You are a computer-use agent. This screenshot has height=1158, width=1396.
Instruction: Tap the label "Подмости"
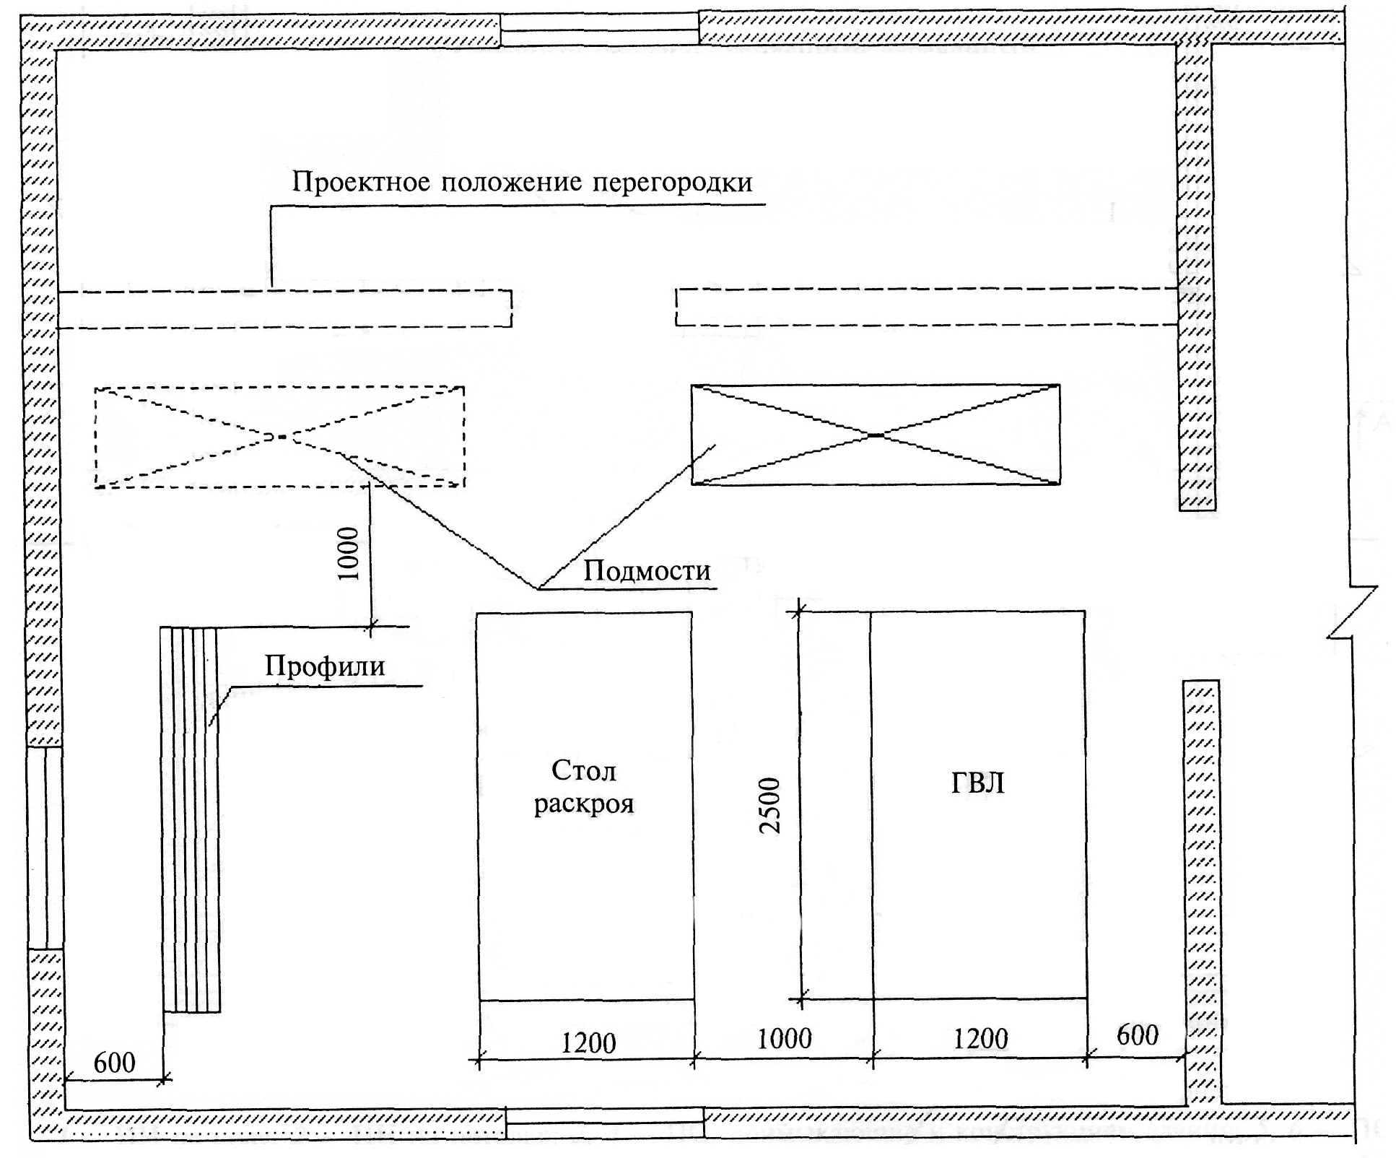pyautogui.click(x=647, y=571)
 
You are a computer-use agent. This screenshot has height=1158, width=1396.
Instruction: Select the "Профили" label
pyautogui.click(x=325, y=666)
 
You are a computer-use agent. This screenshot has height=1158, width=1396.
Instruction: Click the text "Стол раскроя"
pyautogui.click(x=584, y=788)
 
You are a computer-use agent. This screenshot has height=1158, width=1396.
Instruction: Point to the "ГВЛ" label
pyautogui.click(x=977, y=783)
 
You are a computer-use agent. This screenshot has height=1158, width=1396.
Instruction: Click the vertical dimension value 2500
pyautogui.click(x=771, y=805)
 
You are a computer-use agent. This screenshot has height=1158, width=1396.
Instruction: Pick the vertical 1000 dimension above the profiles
pyautogui.click(x=349, y=554)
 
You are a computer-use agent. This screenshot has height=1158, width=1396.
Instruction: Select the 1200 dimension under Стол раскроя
pyautogui.click(x=588, y=1043)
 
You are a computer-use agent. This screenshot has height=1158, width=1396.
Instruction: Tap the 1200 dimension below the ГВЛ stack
pyautogui.click(x=980, y=1040)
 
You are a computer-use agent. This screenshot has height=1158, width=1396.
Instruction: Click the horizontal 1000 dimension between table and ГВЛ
pyautogui.click(x=784, y=1040)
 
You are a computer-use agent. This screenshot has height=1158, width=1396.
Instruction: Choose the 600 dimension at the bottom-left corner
pyautogui.click(x=114, y=1063)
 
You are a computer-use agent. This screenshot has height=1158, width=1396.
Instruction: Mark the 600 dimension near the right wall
pyautogui.click(x=1137, y=1035)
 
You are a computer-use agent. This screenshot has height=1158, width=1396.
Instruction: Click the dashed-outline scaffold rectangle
pyautogui.click(x=279, y=437)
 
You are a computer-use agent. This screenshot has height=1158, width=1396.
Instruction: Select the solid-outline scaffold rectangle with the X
pyautogui.click(x=876, y=435)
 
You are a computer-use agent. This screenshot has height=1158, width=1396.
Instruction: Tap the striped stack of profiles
pyautogui.click(x=191, y=819)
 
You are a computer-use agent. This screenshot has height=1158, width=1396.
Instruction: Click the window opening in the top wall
pyautogui.click(x=599, y=30)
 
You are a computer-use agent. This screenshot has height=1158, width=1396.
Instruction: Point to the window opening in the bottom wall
pyautogui.click(x=604, y=1124)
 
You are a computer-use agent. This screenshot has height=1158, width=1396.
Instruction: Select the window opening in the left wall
pyautogui.click(x=45, y=848)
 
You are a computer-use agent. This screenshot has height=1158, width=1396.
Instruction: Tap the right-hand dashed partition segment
pyautogui.click(x=927, y=307)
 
